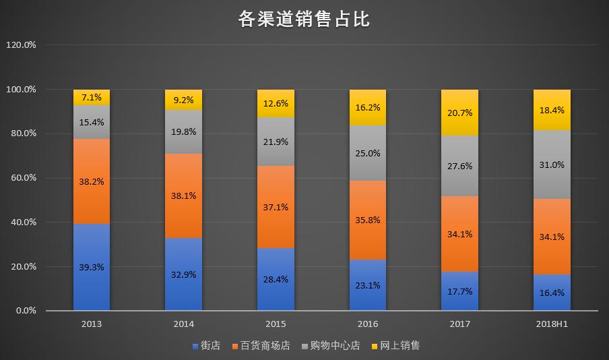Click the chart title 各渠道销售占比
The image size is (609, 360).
pos(304,19)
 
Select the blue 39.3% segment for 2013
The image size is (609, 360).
pos(92,267)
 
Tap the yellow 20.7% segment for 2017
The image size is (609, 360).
pos(459,113)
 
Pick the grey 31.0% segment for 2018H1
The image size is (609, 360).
pos(552,164)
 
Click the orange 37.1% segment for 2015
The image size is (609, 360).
pos(276,207)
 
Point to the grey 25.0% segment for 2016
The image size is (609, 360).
pos(368,153)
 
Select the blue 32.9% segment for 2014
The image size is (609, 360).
pos(183,274)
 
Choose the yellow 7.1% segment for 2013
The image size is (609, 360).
pos(92,97)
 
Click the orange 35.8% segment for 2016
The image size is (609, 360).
pos(368,220)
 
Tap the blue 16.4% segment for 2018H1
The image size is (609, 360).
pos(552,293)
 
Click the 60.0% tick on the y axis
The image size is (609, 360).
pos(22,178)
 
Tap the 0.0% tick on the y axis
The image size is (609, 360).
pos(25,311)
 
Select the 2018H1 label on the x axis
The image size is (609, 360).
pos(552,324)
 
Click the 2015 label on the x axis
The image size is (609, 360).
pos(276,324)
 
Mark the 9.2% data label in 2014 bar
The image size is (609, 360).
pos(183,100)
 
